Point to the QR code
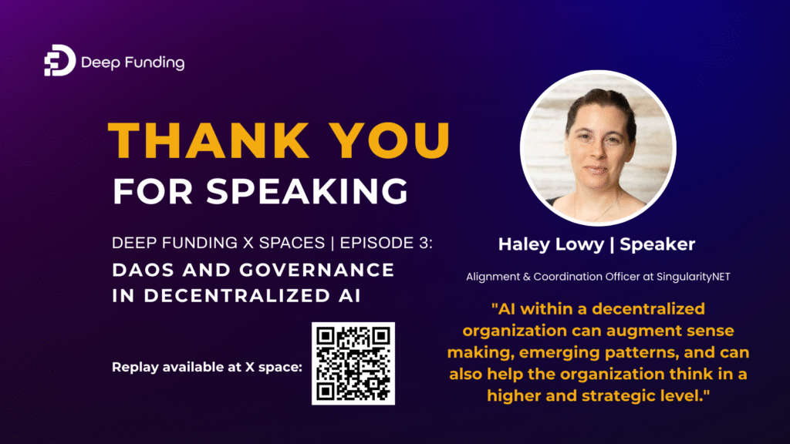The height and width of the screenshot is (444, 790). coord(353,363)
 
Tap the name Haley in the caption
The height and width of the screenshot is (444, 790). coord(521,244)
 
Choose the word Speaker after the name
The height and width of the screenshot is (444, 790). coord(657,244)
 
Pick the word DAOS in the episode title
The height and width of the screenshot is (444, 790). coord(143,271)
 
